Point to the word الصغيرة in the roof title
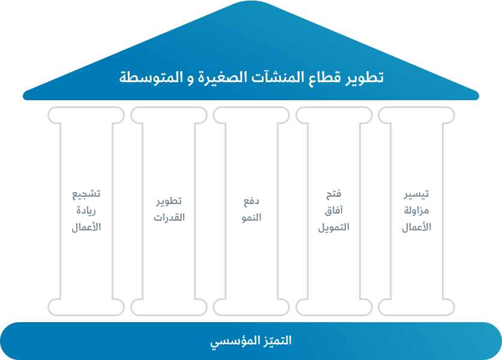225,77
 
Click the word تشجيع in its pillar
87,194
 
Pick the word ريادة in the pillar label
87,211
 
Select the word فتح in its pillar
333,194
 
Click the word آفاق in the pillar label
333,211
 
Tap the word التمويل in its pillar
333,227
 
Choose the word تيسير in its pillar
416,194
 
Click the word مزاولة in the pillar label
416,211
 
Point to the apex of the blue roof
251,2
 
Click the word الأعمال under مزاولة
416,227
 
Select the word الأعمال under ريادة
87,227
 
